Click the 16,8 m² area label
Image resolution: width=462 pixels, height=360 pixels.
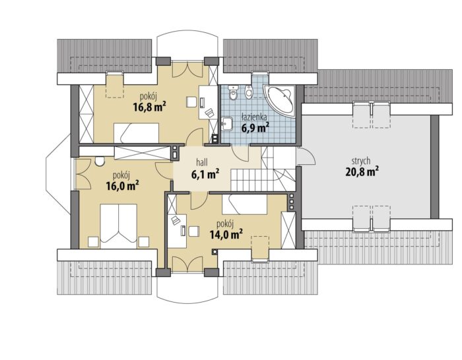pyautogui.click(x=149, y=107)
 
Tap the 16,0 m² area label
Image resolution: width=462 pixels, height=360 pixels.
pyautogui.click(x=122, y=186)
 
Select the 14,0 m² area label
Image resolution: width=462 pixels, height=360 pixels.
pyautogui.click(x=226, y=234)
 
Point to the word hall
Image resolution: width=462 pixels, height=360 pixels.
pyautogui.click(x=202, y=162)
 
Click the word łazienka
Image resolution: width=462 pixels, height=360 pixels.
pyautogui.click(x=254, y=117)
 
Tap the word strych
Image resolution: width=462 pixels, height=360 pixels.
pyautogui.click(x=361, y=162)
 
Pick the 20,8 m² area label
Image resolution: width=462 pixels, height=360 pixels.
pyautogui.click(x=362, y=172)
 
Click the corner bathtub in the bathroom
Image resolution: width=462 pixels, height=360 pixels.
pyautogui.click(x=280, y=101)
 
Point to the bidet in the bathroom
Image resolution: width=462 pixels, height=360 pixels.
pyautogui.click(x=249, y=91)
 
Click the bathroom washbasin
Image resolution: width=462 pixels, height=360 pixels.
pyautogui.click(x=227, y=123)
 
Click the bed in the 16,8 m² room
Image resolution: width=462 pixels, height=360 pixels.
pyautogui.click(x=137, y=133)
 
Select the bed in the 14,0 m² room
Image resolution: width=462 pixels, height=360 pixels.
pyautogui.click(x=245, y=204)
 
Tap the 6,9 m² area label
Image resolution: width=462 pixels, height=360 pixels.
pyautogui.click(x=255, y=127)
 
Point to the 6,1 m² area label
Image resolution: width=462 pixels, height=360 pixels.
pyautogui.click(x=205, y=174)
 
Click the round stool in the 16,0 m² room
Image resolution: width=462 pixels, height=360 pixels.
pyautogui.click(x=100, y=161)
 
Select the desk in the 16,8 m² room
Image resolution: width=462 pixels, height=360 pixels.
pyautogui.click(x=208, y=102)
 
